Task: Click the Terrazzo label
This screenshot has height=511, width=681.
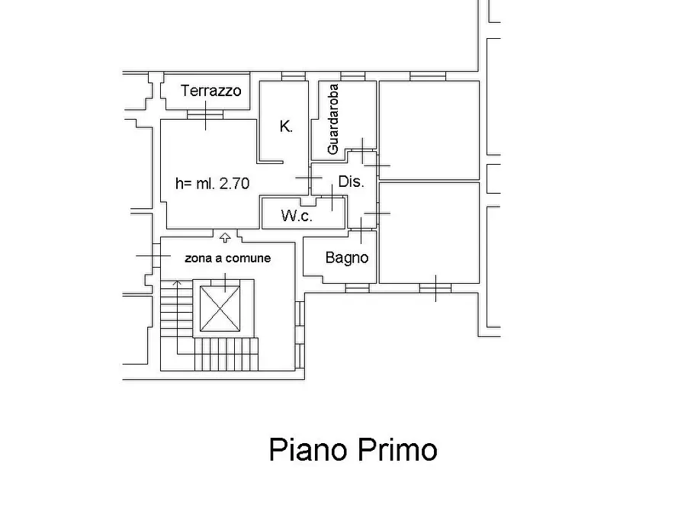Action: (210, 91)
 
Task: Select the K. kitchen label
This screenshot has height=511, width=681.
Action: (286, 127)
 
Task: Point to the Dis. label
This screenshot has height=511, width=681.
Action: (351, 182)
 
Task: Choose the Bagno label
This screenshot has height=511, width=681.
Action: (346, 258)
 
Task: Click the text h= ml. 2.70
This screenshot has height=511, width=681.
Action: (212, 183)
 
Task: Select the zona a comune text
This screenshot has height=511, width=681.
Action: (227, 258)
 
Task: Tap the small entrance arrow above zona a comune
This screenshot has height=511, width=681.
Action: (225, 238)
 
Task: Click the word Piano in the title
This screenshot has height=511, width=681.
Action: (307, 450)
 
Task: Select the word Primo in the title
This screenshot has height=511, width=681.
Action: (396, 450)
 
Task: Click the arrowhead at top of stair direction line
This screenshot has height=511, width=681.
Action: (177, 284)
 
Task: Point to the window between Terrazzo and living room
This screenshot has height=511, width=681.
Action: (205, 115)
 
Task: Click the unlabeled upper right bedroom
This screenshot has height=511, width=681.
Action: (429, 127)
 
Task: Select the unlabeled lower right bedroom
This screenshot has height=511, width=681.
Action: (429, 233)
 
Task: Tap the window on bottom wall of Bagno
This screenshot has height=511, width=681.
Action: (356, 288)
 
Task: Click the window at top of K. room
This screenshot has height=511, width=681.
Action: (293, 76)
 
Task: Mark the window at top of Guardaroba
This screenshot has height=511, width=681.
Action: (352, 76)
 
